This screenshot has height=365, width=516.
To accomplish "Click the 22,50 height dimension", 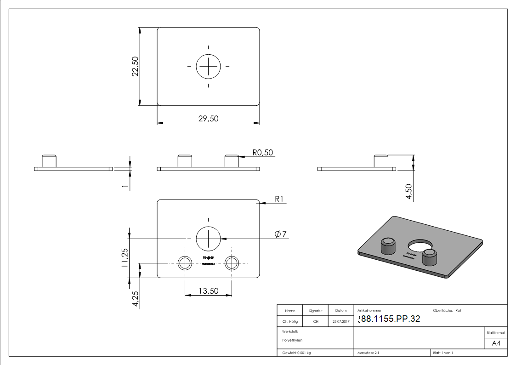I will (x=135, y=67).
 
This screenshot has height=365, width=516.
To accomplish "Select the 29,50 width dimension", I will (x=208, y=119).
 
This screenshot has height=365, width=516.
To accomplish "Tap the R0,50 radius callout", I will (x=263, y=152).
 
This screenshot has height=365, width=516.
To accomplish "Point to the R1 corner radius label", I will (x=281, y=199).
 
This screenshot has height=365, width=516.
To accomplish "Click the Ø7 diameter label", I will (x=280, y=234).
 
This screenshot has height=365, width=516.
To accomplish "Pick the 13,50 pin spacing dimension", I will (x=208, y=291).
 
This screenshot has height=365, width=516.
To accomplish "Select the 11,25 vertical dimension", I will (x=125, y=258).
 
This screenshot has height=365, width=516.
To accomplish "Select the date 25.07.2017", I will (x=340, y=322).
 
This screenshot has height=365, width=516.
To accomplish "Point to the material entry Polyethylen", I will (x=292, y=340).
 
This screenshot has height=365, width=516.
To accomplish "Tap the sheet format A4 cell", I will (x=496, y=343).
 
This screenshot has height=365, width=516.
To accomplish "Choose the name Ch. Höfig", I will (x=290, y=322).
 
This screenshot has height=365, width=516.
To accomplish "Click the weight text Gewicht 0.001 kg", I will (x=296, y=353).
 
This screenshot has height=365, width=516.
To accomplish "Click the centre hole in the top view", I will (x=209, y=67).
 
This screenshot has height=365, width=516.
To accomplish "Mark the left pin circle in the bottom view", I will (x=185, y=263).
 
